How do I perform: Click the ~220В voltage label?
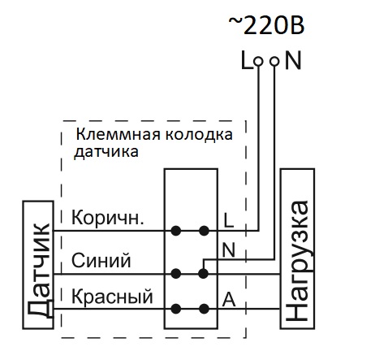(266, 25)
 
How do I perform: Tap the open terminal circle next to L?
(258, 62)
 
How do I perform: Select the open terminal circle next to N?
(274, 62)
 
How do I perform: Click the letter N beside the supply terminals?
(293, 61)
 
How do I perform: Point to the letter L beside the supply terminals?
(247, 61)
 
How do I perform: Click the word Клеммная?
(119, 134)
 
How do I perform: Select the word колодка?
(199, 135)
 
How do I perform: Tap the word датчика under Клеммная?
(106, 152)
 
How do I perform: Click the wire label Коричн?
(107, 218)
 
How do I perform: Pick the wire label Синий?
(101, 260)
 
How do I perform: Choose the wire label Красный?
(112, 297)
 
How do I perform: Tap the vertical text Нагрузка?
(297, 261)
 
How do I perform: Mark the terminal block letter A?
(229, 300)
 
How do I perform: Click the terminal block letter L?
(228, 220)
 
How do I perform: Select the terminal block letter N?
(229, 249)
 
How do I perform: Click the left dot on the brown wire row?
(176, 231)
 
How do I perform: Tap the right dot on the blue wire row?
(203, 274)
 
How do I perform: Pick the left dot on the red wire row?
(176, 309)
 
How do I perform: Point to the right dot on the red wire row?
(204, 309)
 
